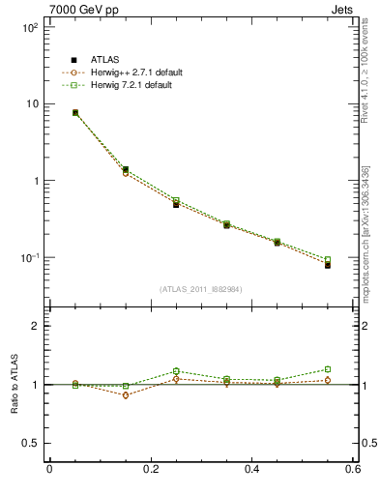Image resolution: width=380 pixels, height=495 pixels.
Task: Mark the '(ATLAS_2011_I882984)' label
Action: coord(200,289)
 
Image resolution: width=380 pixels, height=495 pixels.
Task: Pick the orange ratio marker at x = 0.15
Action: coord(126,395)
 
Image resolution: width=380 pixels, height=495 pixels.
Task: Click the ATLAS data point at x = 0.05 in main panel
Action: coord(75,113)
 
